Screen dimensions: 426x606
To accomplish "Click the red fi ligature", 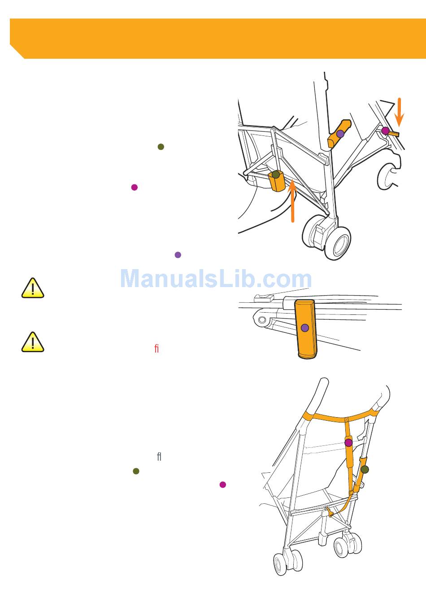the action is pos(156,348).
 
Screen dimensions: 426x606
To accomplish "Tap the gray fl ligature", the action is pos(159,457).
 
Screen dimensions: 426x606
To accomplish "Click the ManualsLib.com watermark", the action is pos(216,279).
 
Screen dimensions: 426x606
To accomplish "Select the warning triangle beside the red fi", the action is pos(33,342).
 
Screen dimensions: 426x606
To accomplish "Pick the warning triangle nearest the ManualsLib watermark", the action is pos(33,288).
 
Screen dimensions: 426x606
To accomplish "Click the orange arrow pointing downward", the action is pos(399,112).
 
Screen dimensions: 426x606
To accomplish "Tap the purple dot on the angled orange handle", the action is pos(340,134).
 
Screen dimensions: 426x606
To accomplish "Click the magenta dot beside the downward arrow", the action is pos(385,131).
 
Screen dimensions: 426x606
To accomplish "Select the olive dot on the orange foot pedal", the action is pos(276,174).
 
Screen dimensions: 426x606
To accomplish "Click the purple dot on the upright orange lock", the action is pos(305,328).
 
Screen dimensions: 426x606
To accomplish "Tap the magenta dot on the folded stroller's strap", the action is pos(348,443).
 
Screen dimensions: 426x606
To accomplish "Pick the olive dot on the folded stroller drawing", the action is pos(365,469).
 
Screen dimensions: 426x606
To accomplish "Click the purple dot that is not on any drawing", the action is pos(178,255).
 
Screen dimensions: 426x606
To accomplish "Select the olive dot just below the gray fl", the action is pos(136,471).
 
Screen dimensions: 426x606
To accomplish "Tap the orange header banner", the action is pos(217,38).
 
